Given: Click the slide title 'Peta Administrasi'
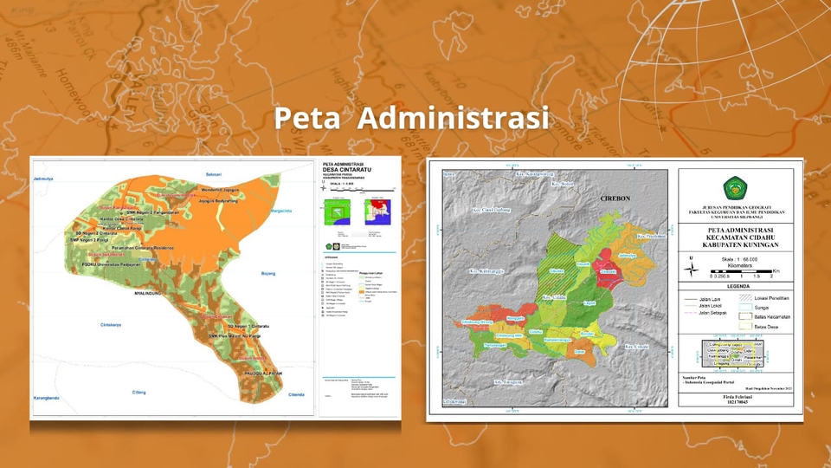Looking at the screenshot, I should tap(411, 118).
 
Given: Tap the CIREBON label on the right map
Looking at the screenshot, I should tap(617, 198).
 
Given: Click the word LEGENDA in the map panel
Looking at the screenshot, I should tap(738, 285).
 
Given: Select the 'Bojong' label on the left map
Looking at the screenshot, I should tap(267, 273).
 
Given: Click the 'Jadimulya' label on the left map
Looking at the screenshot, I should tap(43, 179).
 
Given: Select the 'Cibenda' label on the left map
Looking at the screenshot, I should tap(297, 394).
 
